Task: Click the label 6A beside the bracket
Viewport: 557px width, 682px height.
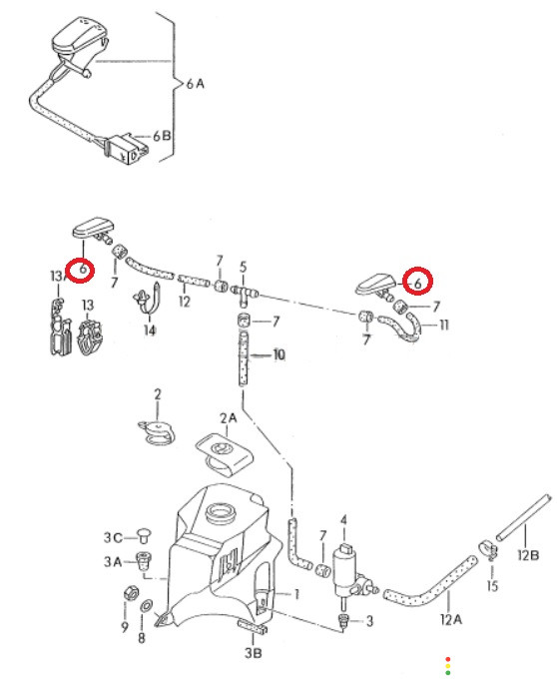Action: [x=196, y=84]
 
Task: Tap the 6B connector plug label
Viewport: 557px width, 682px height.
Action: [x=162, y=136]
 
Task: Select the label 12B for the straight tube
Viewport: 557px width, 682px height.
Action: [x=529, y=555]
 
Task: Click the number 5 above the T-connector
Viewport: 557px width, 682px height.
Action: [x=243, y=267]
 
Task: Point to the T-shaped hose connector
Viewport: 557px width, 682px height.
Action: [x=244, y=293]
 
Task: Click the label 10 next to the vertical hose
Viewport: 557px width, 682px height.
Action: [x=278, y=354]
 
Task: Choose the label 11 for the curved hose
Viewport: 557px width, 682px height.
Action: [x=443, y=325]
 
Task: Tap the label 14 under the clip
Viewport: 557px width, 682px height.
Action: [x=150, y=331]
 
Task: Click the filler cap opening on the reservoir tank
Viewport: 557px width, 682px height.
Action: [x=221, y=513]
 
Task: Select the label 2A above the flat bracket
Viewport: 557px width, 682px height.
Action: [x=229, y=418]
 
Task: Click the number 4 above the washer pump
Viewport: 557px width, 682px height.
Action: [x=344, y=520]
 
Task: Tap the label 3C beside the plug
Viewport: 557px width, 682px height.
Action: [x=113, y=537]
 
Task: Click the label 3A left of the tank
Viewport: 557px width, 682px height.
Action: [x=113, y=561]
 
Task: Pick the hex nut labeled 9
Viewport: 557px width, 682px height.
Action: [x=131, y=593]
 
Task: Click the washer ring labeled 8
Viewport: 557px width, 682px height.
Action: [x=147, y=605]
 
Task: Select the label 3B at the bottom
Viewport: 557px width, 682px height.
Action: [x=254, y=652]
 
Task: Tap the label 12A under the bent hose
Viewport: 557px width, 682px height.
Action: [x=451, y=619]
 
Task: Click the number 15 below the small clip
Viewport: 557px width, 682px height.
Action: [x=492, y=585]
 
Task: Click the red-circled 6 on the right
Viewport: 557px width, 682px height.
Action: [x=417, y=281]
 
